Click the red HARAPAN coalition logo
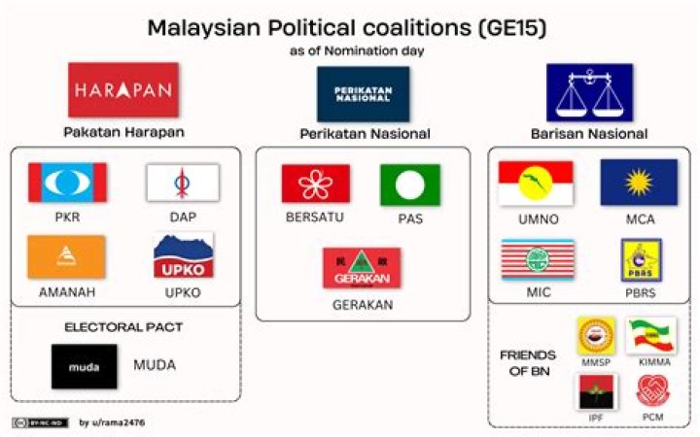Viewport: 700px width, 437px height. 123,89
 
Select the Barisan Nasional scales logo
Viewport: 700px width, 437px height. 589,92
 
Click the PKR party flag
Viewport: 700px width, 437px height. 68,183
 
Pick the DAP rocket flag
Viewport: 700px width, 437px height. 182,183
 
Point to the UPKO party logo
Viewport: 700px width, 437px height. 183,255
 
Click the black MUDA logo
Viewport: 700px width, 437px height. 85,366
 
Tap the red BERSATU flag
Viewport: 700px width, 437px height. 316,184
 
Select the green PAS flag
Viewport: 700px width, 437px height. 409,185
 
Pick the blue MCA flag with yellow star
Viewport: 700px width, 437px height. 639,183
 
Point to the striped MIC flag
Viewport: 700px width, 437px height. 537,259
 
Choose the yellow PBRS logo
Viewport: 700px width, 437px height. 641,259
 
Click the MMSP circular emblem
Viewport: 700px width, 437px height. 596,335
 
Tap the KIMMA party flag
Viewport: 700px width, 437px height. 651,334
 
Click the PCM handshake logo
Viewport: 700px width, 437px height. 651,390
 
